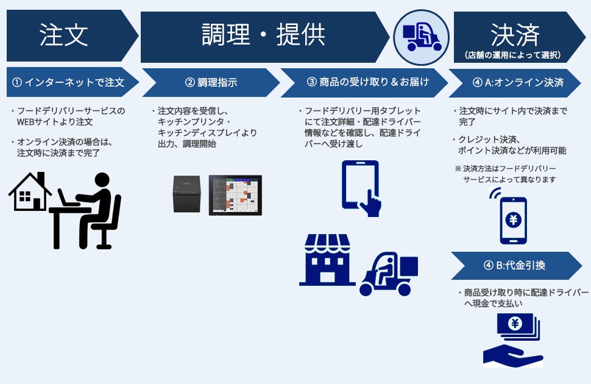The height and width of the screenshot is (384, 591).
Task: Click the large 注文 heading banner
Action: (64, 35)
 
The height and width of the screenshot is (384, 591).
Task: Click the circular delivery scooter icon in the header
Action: (420, 35)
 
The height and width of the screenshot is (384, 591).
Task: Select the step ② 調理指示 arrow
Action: (210, 82)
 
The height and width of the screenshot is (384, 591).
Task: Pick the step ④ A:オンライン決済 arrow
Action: (515, 82)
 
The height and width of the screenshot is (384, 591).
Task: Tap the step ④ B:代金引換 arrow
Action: (515, 265)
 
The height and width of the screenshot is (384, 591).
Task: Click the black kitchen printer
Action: (186, 194)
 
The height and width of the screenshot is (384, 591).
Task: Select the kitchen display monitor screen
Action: (235, 194)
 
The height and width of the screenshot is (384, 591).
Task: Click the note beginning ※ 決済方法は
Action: (506, 174)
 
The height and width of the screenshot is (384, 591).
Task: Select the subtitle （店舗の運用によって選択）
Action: (514, 55)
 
